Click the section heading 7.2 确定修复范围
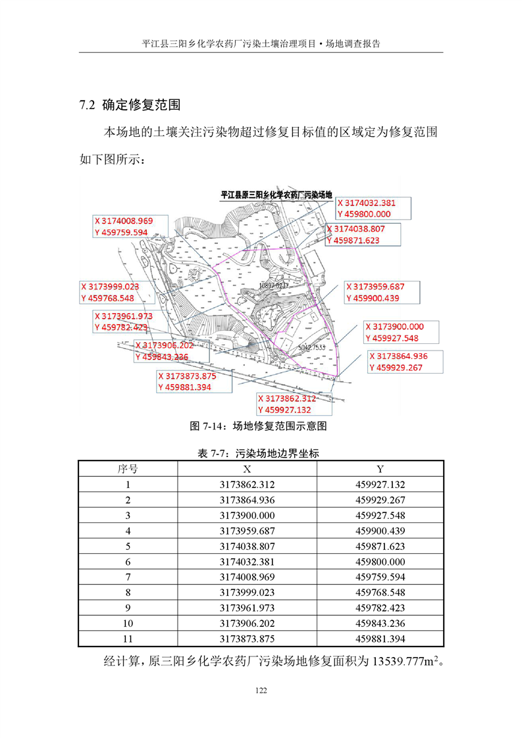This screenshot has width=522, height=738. (129, 105)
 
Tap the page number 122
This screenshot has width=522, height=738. (261, 690)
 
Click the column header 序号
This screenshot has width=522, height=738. (128, 469)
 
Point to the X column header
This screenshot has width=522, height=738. (247, 469)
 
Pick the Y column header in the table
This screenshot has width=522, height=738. (380, 469)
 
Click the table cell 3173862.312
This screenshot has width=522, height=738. (247, 485)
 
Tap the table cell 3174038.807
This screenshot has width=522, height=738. (247, 546)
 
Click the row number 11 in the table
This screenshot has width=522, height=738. (128, 639)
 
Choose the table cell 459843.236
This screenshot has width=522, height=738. (380, 624)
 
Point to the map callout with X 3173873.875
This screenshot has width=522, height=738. (195, 381)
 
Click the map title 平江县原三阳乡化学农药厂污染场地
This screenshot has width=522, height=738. (276, 195)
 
